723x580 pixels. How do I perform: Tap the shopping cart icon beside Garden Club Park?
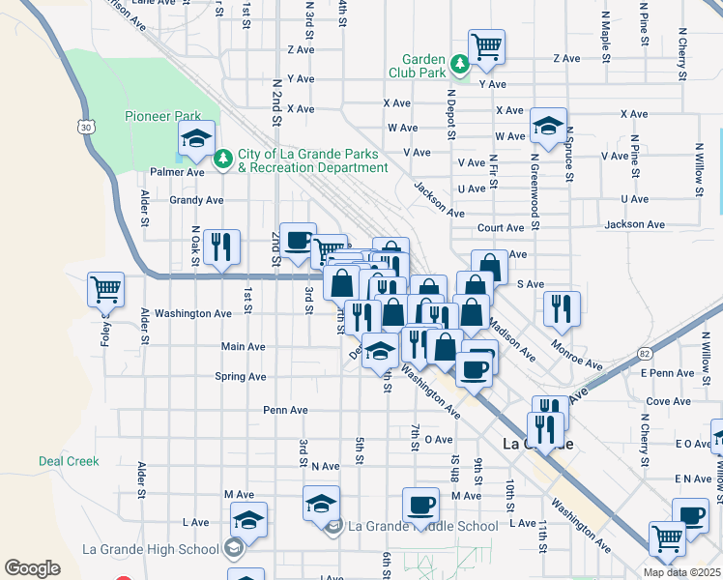486,45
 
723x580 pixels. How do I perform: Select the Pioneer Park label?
162,116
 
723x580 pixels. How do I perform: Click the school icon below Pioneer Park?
197,139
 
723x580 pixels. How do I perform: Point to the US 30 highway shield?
87,127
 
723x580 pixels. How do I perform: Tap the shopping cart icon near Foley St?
105,288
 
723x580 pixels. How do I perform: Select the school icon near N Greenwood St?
548,126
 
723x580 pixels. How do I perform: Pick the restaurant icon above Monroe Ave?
562,308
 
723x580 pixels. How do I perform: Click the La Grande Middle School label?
422,527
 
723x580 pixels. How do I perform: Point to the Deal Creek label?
69,461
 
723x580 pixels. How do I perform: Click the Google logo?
32,568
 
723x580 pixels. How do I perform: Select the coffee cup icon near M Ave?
420,504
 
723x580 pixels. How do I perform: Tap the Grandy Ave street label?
196,200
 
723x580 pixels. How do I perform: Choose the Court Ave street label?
501,228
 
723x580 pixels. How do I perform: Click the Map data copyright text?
680,572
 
